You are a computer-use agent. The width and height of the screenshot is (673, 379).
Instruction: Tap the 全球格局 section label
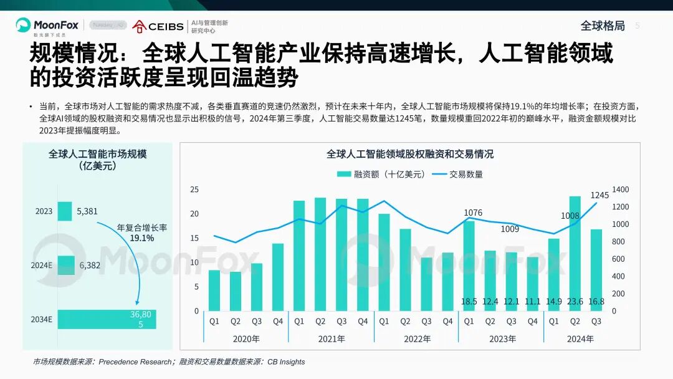[x=602, y=26]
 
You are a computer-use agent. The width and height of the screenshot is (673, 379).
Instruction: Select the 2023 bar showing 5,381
[x=65, y=211]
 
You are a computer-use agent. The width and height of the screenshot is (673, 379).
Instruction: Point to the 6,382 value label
[x=90, y=265]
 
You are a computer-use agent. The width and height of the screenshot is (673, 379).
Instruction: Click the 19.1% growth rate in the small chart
[x=141, y=238]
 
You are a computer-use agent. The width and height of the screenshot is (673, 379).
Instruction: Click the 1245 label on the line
[x=599, y=195]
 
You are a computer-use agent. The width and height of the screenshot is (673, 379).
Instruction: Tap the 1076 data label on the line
[x=473, y=213]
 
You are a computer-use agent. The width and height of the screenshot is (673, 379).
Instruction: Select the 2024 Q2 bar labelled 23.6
[x=575, y=249]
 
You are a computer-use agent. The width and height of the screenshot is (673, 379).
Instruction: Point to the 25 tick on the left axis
[x=194, y=189]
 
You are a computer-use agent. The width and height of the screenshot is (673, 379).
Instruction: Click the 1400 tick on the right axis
[x=621, y=189]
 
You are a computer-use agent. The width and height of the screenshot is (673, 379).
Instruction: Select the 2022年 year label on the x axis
[x=417, y=339]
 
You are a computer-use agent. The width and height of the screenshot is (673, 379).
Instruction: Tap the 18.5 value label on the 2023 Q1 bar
[x=469, y=302]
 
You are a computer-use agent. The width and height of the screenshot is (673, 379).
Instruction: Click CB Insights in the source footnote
[x=284, y=362]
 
